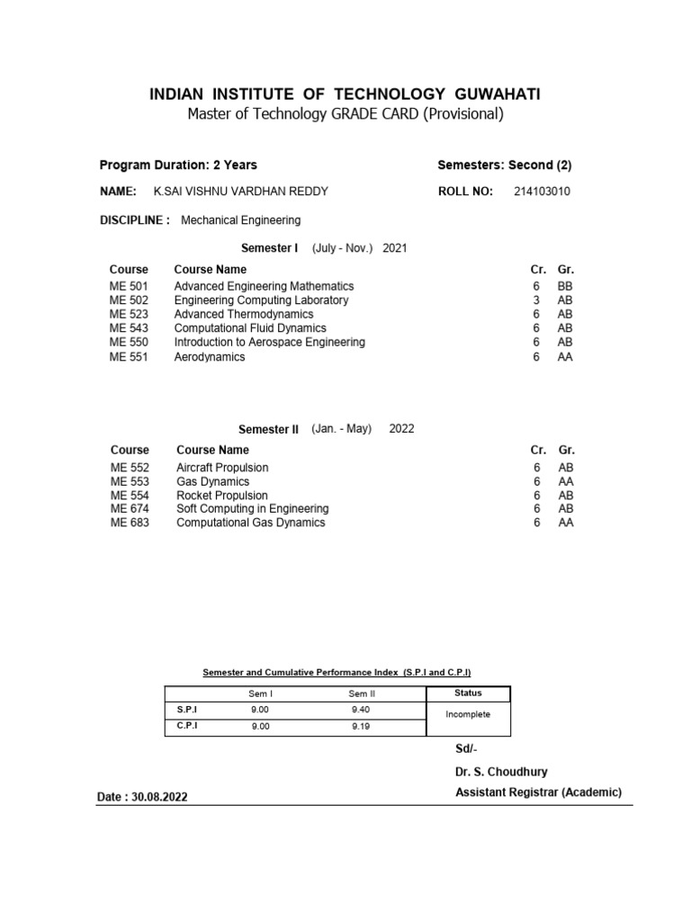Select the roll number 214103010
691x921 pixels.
click(542, 192)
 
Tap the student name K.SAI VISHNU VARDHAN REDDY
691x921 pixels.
click(242, 192)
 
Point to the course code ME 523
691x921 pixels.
click(129, 314)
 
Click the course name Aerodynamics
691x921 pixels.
click(210, 356)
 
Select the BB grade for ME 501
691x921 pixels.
click(565, 286)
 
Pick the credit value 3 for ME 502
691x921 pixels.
click(536, 300)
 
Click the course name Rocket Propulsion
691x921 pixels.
click(222, 496)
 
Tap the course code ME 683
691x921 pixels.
click(130, 523)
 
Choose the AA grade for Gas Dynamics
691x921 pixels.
click(566, 482)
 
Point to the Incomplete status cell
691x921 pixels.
click(468, 714)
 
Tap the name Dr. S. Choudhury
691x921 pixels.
click(500, 772)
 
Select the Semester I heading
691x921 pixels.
click(269, 248)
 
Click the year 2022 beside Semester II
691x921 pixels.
click(401, 429)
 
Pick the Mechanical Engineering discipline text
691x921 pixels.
click(241, 220)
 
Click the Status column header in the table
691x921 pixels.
click(468, 693)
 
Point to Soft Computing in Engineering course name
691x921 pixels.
click(253, 509)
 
